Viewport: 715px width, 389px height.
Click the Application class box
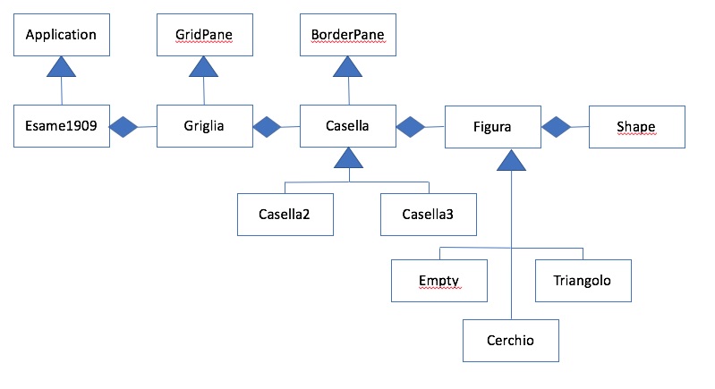[61, 36]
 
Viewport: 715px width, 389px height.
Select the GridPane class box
[204, 36]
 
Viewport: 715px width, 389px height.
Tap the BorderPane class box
[348, 36]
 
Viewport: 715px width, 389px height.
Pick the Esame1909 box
[61, 127]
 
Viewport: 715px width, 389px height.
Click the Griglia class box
[204, 127]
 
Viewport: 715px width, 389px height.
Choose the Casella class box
[348, 127]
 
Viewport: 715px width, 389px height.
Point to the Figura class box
[492, 128]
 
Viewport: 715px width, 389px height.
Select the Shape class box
[635, 128]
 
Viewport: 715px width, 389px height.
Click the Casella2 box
[285, 215]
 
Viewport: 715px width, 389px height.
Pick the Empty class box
[439, 281]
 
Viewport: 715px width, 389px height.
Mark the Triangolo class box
[583, 281]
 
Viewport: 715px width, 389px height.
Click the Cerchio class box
[511, 342]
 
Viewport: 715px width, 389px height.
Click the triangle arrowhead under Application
[61, 67]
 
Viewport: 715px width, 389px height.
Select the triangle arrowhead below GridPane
[204, 67]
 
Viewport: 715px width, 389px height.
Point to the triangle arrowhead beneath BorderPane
[348, 67]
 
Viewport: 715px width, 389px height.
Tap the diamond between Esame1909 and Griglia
[123, 128]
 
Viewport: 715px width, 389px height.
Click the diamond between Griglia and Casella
[268, 128]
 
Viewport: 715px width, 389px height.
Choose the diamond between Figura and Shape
[557, 128]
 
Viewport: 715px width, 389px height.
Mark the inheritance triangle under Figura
[511, 160]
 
